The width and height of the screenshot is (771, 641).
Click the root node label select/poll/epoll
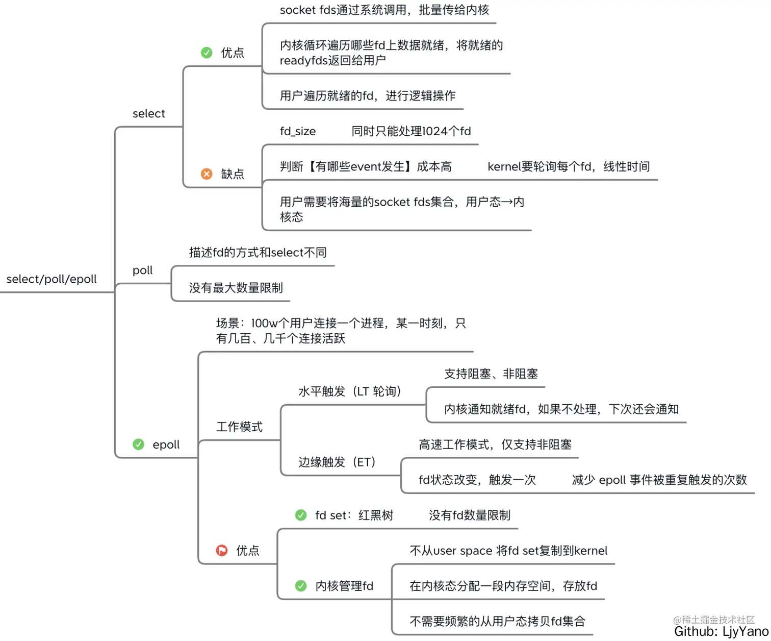click(x=52, y=279)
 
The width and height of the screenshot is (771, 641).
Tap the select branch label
click(x=148, y=113)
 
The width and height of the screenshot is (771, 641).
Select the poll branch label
click(x=142, y=270)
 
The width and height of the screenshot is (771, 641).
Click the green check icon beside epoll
click(x=138, y=444)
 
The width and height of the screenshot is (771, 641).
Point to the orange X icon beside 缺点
click(x=207, y=174)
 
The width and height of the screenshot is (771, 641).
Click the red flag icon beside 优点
click(x=222, y=550)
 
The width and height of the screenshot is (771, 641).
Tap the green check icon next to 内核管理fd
click(x=301, y=585)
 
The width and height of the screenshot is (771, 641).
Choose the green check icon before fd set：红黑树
click(x=301, y=515)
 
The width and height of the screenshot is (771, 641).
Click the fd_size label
click(x=298, y=131)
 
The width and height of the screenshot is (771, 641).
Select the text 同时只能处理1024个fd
click(x=411, y=131)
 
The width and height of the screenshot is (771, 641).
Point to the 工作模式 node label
click(x=239, y=427)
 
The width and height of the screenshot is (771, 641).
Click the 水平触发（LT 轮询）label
click(x=350, y=391)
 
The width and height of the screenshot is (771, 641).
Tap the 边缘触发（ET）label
click(x=337, y=462)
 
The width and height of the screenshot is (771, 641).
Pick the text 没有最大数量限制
click(x=236, y=288)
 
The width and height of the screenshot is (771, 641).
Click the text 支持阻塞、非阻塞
click(x=491, y=374)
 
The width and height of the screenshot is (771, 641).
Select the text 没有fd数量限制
click(x=469, y=515)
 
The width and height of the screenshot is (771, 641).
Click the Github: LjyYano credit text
click(x=721, y=632)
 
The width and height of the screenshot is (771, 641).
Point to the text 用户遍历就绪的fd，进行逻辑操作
click(x=367, y=95)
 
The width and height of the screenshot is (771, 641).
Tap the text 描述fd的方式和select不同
click(x=258, y=252)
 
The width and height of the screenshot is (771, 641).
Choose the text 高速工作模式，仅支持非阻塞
click(x=495, y=445)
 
